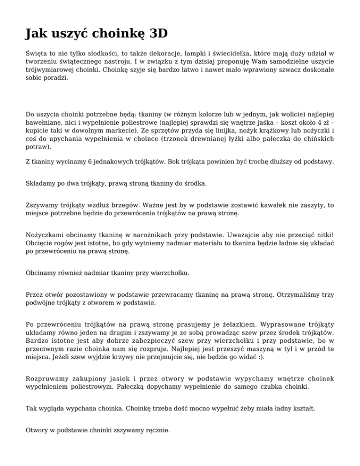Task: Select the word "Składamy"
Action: point(43,182)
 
